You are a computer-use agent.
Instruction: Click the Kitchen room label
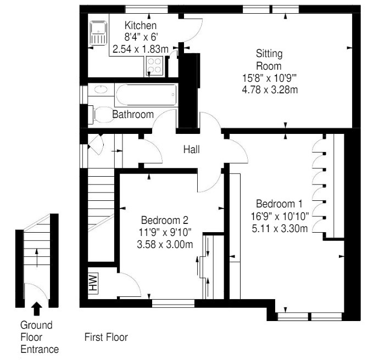(x=141, y=26)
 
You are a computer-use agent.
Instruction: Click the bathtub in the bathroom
(x=146, y=96)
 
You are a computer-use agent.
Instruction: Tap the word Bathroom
(x=132, y=115)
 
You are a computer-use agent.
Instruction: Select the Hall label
(x=192, y=149)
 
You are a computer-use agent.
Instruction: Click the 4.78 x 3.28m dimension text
(x=270, y=89)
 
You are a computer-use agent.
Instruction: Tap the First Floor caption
(x=105, y=336)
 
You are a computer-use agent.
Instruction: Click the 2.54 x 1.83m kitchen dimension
(x=141, y=49)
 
